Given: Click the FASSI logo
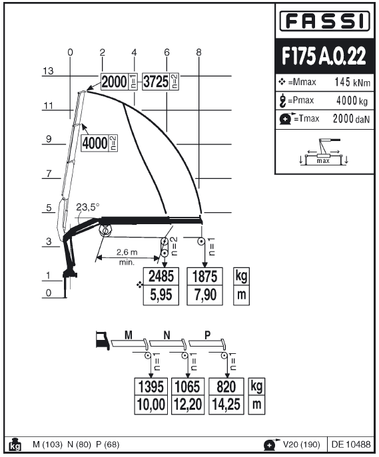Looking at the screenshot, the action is click(x=324, y=21).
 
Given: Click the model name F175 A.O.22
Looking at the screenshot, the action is click(x=324, y=56).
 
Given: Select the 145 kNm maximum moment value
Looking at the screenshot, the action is click(x=352, y=82).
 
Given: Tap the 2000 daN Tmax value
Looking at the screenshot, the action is click(x=351, y=118).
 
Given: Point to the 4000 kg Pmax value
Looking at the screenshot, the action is click(x=352, y=100).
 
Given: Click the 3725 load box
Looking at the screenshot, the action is click(x=160, y=82).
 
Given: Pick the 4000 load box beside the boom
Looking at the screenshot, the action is click(x=99, y=143).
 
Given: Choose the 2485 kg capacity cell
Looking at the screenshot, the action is click(x=161, y=276).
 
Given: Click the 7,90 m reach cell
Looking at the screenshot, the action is click(x=204, y=295).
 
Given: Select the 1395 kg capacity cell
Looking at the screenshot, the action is click(x=151, y=386).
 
